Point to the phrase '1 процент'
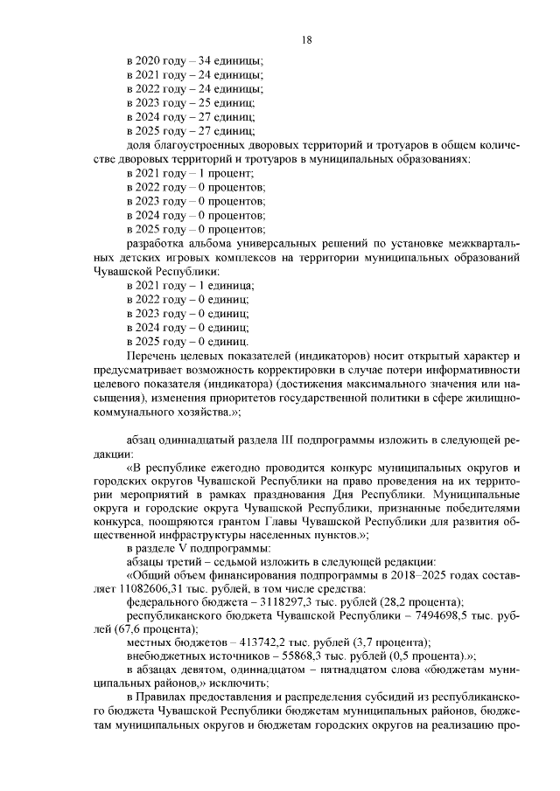click(228, 173)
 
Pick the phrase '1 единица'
click(227, 286)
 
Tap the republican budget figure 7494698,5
click(419, 617)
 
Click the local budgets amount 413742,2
click(248, 645)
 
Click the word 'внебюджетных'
click(164, 659)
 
